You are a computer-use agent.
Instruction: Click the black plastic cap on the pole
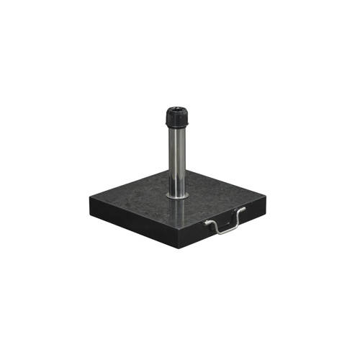tap(177, 118)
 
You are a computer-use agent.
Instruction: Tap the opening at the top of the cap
tap(177, 110)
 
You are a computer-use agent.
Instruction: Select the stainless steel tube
tap(178, 158)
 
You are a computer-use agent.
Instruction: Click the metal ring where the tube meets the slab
tap(178, 194)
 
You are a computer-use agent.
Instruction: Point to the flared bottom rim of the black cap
tap(177, 127)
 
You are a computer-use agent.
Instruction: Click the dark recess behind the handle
tap(224, 220)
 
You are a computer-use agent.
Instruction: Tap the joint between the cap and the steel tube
tap(177, 130)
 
